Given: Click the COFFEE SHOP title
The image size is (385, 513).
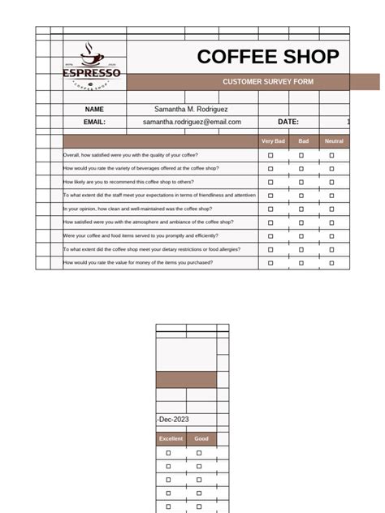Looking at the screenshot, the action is point(267,57).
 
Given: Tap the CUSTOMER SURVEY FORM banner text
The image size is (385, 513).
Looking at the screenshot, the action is point(267,82).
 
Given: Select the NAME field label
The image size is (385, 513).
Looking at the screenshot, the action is point(94,109).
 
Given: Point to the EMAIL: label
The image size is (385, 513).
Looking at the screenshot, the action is point(94,122).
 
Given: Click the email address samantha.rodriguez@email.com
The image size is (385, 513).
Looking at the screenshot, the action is point(192,122).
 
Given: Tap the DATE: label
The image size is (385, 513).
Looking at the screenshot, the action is point(288,122).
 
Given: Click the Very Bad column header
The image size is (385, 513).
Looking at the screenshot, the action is point(273,141).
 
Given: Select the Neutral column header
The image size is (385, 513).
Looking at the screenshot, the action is point(334,141).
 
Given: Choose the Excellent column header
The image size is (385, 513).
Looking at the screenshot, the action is point(171,439).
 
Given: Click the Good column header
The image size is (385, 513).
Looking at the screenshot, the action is point(201,439).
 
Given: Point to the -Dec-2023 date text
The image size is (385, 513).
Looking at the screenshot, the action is point(174,420).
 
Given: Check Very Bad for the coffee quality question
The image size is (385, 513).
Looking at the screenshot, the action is point(271,155).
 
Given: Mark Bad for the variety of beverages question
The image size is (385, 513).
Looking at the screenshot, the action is point(301,168).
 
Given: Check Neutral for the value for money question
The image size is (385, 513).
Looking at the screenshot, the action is point(331,263).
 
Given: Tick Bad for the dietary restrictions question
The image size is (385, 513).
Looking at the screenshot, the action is point(301,249).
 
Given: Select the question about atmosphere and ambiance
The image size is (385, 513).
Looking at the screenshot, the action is point(149,222).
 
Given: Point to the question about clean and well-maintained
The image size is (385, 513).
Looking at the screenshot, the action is point(143,209).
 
